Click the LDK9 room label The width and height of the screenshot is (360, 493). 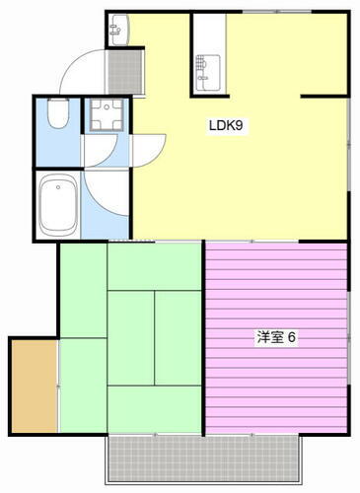(x=225, y=126)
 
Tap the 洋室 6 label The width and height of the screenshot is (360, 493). (x=276, y=337)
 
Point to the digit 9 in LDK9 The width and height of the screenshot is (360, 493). (x=240, y=126)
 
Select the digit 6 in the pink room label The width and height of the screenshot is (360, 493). (x=292, y=337)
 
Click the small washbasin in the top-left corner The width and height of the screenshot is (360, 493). (x=120, y=30)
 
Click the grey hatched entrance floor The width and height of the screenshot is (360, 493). (x=125, y=67)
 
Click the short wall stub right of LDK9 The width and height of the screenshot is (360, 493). (x=324, y=96)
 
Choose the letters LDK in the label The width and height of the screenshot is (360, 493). (x=220, y=126)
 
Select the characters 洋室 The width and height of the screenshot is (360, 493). (x=269, y=337)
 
